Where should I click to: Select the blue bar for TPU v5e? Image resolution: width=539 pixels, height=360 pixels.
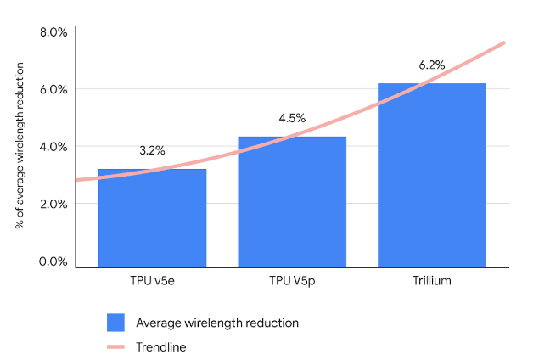pyautogui.click(x=152, y=218)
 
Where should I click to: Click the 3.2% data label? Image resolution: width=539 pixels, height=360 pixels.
pyautogui.click(x=152, y=151)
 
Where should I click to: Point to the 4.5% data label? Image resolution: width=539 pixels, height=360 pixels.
pyautogui.click(x=292, y=118)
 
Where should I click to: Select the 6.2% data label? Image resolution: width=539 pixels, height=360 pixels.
pyautogui.click(x=431, y=65)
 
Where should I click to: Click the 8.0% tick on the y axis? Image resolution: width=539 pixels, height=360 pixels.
pyautogui.click(x=53, y=32)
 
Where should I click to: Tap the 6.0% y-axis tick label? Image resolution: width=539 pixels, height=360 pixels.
pyautogui.click(x=53, y=89)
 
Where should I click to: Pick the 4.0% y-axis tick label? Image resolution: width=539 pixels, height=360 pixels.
pyautogui.click(x=53, y=146)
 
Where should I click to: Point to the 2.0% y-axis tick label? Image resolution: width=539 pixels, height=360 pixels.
pyautogui.click(x=53, y=204)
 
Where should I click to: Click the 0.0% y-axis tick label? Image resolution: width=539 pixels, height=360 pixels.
pyautogui.click(x=53, y=262)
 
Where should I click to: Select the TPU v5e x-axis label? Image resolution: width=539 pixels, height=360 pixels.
pyautogui.click(x=152, y=281)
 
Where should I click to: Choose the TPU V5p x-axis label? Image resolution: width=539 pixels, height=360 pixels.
pyautogui.click(x=292, y=281)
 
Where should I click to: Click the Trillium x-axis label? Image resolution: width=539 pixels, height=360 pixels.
pyautogui.click(x=431, y=281)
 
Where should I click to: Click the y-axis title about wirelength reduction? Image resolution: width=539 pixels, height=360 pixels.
pyautogui.click(x=19, y=149)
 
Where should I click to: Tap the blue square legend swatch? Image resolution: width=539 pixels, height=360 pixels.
pyautogui.click(x=115, y=323)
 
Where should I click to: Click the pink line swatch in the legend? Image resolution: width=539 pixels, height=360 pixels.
pyautogui.click(x=115, y=346)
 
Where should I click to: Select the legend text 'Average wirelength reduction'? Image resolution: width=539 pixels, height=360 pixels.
pyautogui.click(x=217, y=323)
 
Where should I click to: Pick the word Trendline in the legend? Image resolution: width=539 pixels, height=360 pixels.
pyautogui.click(x=161, y=346)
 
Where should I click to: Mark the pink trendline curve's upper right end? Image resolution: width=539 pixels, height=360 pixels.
pyautogui.click(x=505, y=42)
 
